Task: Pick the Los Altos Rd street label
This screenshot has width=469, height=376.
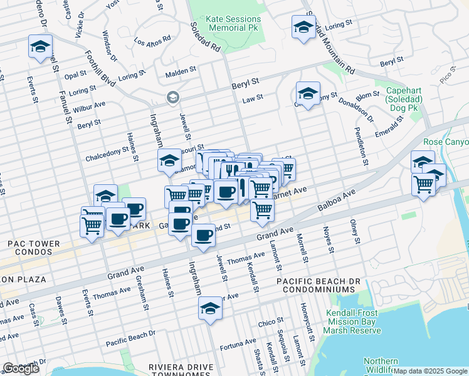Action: tap(152, 41)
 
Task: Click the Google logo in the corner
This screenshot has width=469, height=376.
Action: tap(21, 368)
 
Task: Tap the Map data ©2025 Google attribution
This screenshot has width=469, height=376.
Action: tap(430, 371)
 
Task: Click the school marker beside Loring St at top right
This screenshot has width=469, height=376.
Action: tap(303, 28)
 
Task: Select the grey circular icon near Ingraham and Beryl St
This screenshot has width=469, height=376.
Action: tap(172, 98)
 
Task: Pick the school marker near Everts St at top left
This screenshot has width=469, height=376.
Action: tap(40, 47)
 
